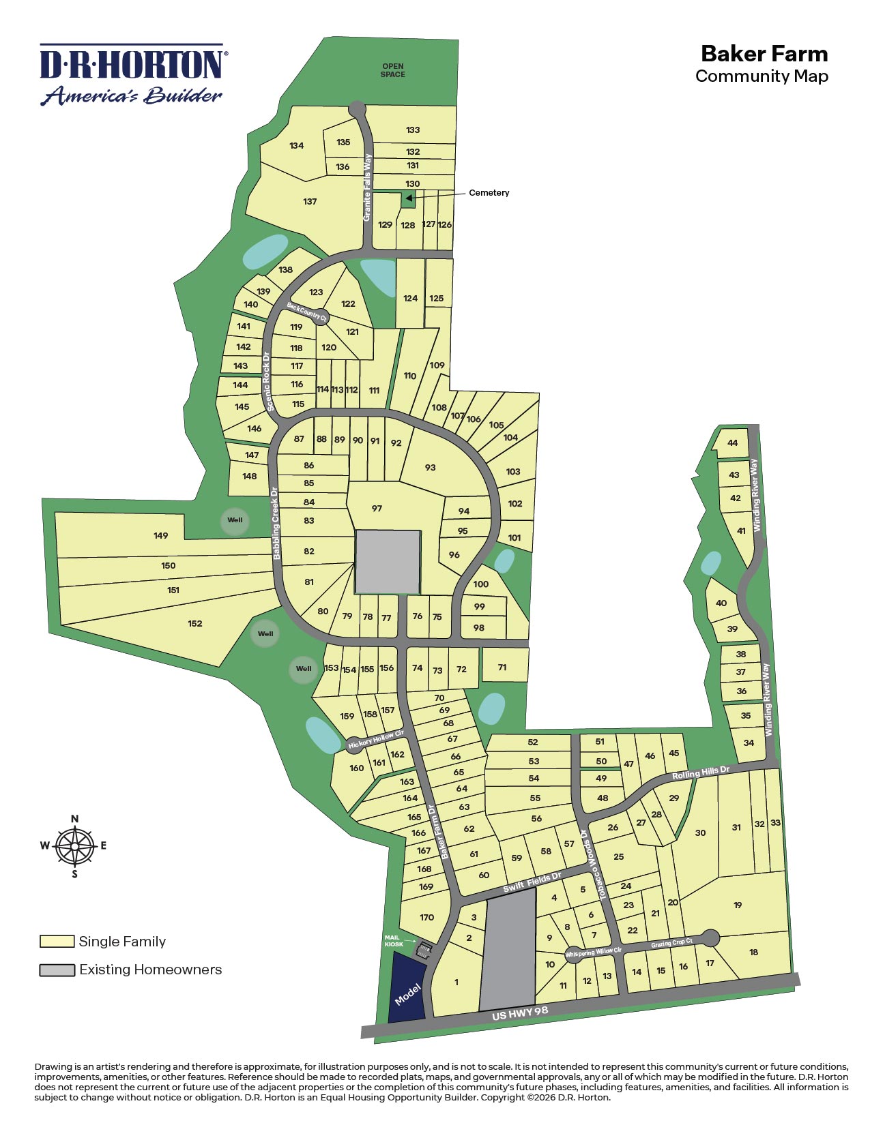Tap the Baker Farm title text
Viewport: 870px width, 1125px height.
coord(764,54)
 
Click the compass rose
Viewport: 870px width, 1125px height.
coord(74,846)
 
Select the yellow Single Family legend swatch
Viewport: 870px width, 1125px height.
coord(57,942)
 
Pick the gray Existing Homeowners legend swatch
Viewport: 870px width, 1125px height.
coord(57,970)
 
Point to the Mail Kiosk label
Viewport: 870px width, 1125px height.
coord(394,941)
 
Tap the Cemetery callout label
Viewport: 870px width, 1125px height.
coord(489,193)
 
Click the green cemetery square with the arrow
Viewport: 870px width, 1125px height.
coord(407,199)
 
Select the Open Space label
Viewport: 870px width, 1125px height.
coord(393,70)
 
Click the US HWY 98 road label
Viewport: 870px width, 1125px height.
coord(520,1013)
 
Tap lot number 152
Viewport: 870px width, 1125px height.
coord(195,623)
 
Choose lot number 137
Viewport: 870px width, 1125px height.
coord(310,201)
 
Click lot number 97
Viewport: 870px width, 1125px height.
coord(377,508)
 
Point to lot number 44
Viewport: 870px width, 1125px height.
coord(732,442)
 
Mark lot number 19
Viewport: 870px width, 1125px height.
coord(738,905)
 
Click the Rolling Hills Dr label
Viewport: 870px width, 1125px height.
coord(701,772)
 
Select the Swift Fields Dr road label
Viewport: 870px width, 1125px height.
coord(532,882)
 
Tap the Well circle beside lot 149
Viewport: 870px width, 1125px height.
coord(235,520)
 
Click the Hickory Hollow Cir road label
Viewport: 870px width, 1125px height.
coord(376,740)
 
